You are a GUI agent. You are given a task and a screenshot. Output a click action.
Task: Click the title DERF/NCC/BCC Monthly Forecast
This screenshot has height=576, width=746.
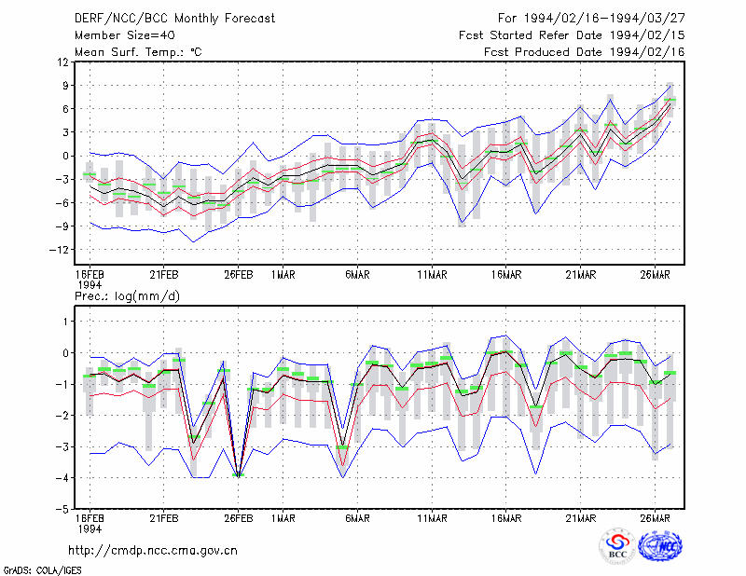pyautogui.click(x=174, y=19)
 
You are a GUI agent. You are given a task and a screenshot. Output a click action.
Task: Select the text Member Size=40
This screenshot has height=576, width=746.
pyautogui.click(x=125, y=35)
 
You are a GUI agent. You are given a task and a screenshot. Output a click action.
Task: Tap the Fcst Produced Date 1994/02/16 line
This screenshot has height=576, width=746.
pyautogui.click(x=585, y=52)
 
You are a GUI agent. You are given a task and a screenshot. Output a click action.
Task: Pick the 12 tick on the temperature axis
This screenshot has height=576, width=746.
pyautogui.click(x=63, y=62)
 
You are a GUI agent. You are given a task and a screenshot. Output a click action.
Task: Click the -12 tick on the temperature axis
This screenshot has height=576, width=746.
pyautogui.click(x=59, y=250)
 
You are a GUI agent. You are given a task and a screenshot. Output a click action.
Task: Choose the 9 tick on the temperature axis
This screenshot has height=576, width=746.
pyautogui.click(x=65, y=86)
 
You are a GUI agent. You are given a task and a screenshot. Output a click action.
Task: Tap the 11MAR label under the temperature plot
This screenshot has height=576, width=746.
pyautogui.click(x=432, y=275)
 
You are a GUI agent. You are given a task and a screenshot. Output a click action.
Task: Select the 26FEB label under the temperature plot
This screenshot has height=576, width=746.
pyautogui.click(x=239, y=275)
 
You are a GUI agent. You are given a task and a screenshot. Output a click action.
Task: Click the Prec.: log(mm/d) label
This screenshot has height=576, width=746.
pyautogui.click(x=127, y=296)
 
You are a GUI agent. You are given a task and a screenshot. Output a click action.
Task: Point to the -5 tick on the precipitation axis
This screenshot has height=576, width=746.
pyautogui.click(x=62, y=509)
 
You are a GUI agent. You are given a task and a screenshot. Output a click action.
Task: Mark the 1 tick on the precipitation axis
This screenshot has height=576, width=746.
pyautogui.click(x=66, y=322)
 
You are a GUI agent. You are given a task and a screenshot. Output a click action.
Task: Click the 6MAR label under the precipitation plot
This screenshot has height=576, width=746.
pyautogui.click(x=357, y=518)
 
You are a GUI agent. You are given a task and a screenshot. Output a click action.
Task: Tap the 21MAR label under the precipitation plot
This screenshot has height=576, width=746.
pyautogui.click(x=580, y=518)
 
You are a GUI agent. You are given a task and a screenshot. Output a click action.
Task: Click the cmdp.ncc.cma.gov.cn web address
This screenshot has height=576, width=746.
pyautogui.click(x=153, y=551)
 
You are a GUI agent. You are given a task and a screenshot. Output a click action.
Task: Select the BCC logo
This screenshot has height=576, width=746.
pyautogui.click(x=617, y=545)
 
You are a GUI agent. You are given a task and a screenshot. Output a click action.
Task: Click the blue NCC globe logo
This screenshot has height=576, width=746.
pyautogui.click(x=660, y=545)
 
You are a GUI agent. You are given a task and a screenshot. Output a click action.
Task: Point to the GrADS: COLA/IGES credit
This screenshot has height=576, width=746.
pyautogui.click(x=42, y=570)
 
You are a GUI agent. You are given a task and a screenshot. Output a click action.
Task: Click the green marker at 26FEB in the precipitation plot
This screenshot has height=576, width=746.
pyautogui.click(x=239, y=474)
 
